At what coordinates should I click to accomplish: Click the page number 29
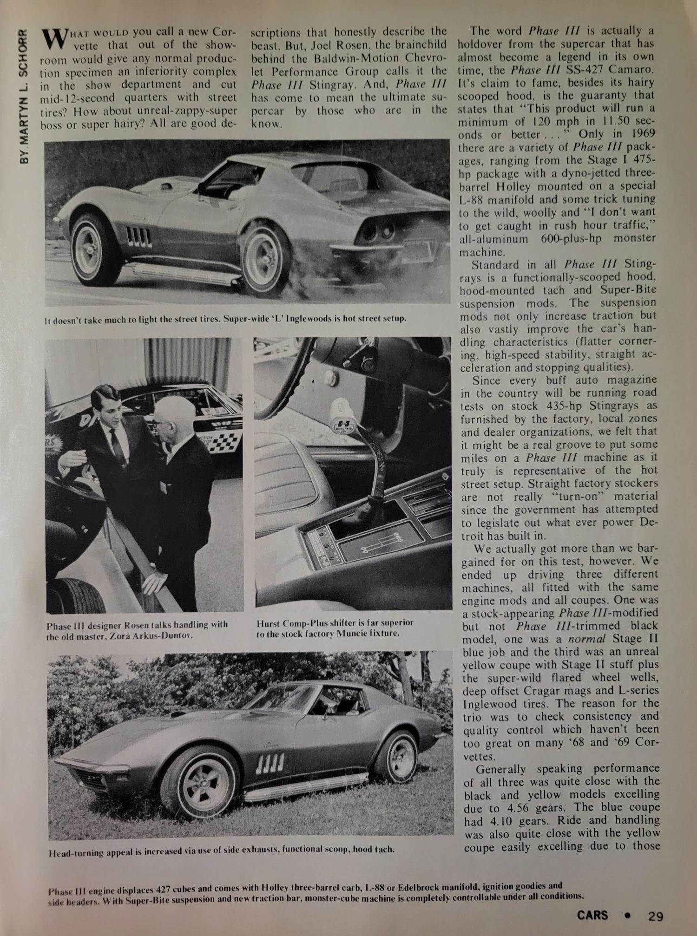pyautogui.click(x=656, y=916)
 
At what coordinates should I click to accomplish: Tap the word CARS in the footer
pyautogui.click(x=592, y=916)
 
